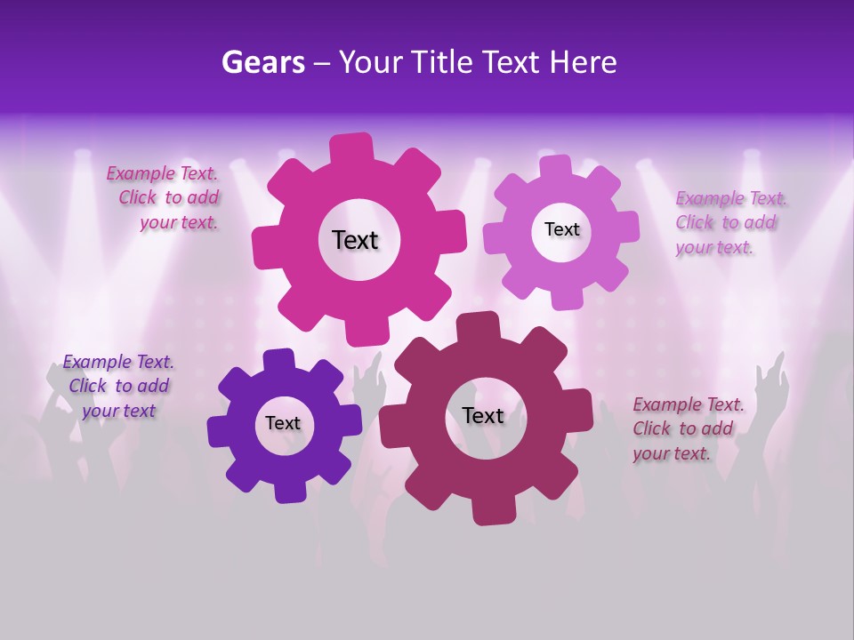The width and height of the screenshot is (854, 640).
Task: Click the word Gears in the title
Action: [x=262, y=62]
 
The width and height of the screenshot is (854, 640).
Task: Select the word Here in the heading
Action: [x=583, y=62]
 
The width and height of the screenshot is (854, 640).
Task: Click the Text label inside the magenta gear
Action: [x=355, y=240]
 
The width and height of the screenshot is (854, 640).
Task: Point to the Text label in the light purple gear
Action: [x=561, y=229]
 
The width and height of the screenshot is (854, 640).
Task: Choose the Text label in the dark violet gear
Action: [x=283, y=423]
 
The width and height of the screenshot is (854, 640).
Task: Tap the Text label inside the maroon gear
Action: [x=482, y=415]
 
